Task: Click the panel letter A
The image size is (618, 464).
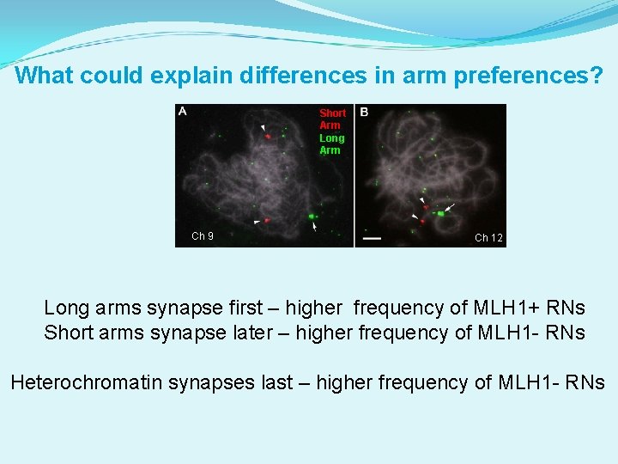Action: pyautogui.click(x=183, y=111)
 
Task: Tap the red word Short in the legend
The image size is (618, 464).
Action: pyautogui.click(x=332, y=113)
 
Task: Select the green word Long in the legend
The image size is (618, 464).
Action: pyautogui.click(x=331, y=137)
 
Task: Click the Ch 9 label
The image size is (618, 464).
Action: pyautogui.click(x=203, y=236)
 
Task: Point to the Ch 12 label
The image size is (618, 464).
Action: pyautogui.click(x=488, y=238)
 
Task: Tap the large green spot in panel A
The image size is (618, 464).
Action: pyautogui.click(x=311, y=217)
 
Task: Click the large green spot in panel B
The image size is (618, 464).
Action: pyautogui.click(x=441, y=212)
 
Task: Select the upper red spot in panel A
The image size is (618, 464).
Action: pyautogui.click(x=268, y=135)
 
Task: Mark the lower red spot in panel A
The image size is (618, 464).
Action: pyautogui.click(x=267, y=221)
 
